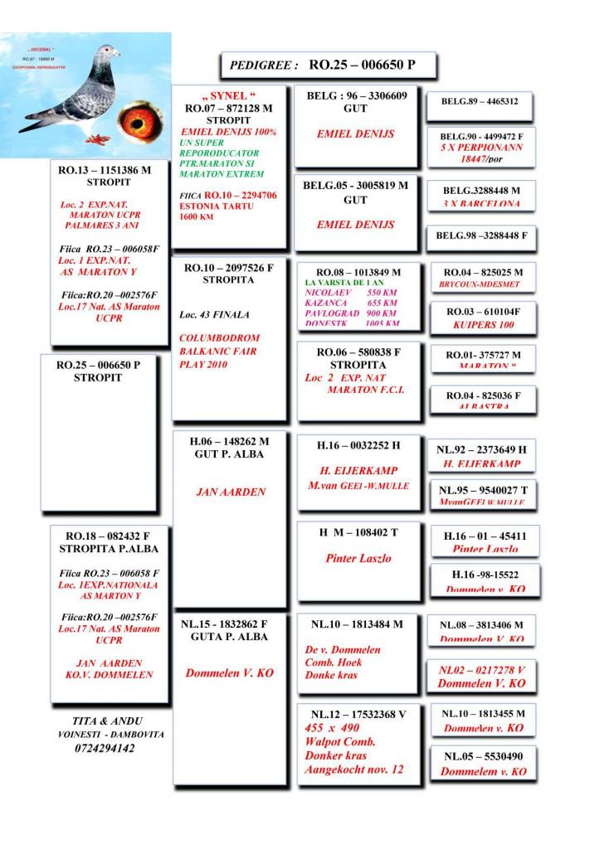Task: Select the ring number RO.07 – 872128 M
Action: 229,109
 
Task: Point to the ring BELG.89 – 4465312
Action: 480,102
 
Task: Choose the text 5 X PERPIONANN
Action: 480,146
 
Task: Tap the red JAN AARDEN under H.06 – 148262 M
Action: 230,492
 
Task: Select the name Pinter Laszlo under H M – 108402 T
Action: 358,558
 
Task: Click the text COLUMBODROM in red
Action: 219,338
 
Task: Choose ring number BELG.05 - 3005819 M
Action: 356,186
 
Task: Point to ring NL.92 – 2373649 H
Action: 481,449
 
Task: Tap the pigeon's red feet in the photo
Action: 97,138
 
